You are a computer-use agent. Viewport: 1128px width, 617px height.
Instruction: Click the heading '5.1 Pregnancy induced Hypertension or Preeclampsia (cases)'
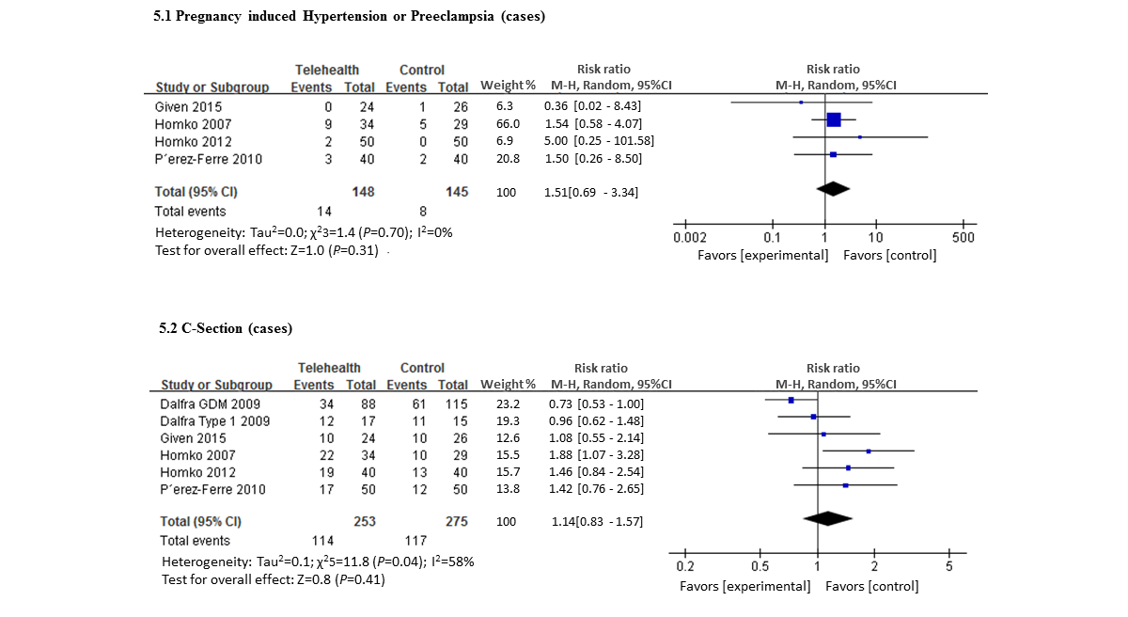click(349, 17)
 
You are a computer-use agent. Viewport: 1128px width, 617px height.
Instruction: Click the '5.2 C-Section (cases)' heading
click(226, 328)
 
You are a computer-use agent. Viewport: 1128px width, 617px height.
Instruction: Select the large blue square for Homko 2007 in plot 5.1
click(834, 119)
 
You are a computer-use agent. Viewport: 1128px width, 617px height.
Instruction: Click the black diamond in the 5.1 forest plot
click(833, 189)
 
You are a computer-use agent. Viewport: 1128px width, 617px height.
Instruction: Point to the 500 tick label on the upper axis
click(963, 237)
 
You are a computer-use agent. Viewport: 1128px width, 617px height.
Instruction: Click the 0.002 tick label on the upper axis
click(690, 237)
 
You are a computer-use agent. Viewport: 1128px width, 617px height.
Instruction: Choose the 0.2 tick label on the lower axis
click(685, 566)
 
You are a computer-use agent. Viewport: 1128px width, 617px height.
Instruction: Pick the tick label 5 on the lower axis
click(948, 566)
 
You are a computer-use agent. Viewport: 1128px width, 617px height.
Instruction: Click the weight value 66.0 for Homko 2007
click(509, 124)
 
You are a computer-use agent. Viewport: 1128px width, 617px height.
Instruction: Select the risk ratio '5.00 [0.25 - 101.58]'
click(599, 141)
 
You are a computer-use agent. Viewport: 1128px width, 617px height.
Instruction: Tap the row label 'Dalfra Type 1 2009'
click(215, 420)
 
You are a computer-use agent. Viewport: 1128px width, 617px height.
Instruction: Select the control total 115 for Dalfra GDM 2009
click(457, 403)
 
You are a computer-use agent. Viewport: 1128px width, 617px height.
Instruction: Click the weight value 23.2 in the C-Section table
click(509, 403)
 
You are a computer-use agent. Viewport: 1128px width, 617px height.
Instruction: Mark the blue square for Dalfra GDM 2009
click(791, 400)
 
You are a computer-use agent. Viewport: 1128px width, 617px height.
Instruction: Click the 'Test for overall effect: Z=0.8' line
click(273, 579)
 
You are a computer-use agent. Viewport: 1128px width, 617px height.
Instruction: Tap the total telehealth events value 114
click(321, 541)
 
